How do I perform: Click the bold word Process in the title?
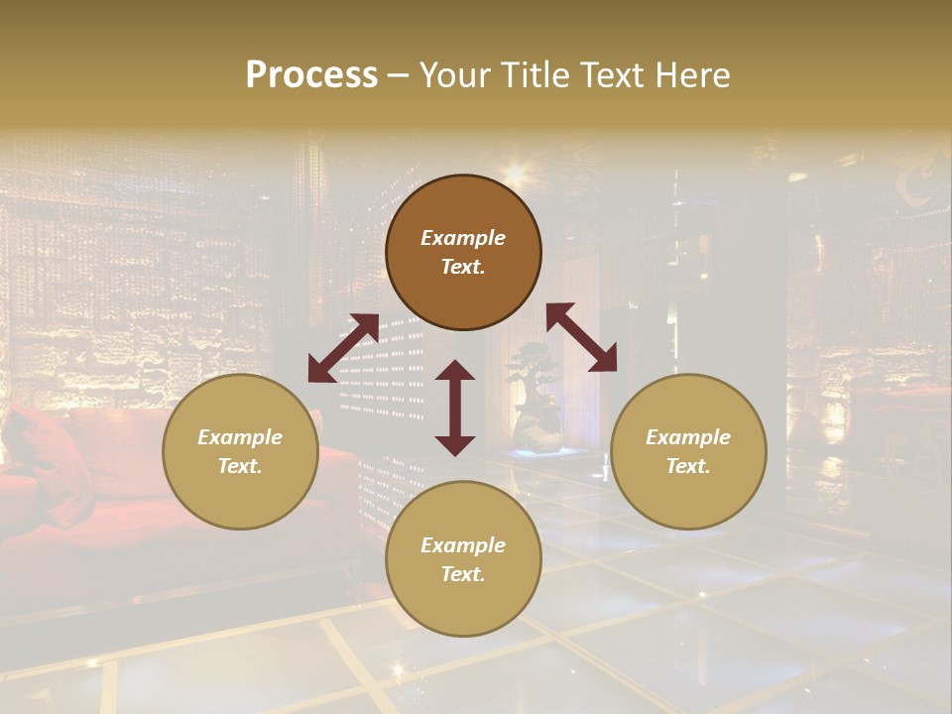coord(311,75)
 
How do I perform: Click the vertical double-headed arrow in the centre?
coord(455,408)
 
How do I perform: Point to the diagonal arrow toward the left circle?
coord(343,348)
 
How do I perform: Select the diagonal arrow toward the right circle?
coord(581,337)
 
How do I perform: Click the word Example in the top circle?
coord(463,238)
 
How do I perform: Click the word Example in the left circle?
coord(240,437)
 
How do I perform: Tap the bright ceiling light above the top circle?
coord(516,174)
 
